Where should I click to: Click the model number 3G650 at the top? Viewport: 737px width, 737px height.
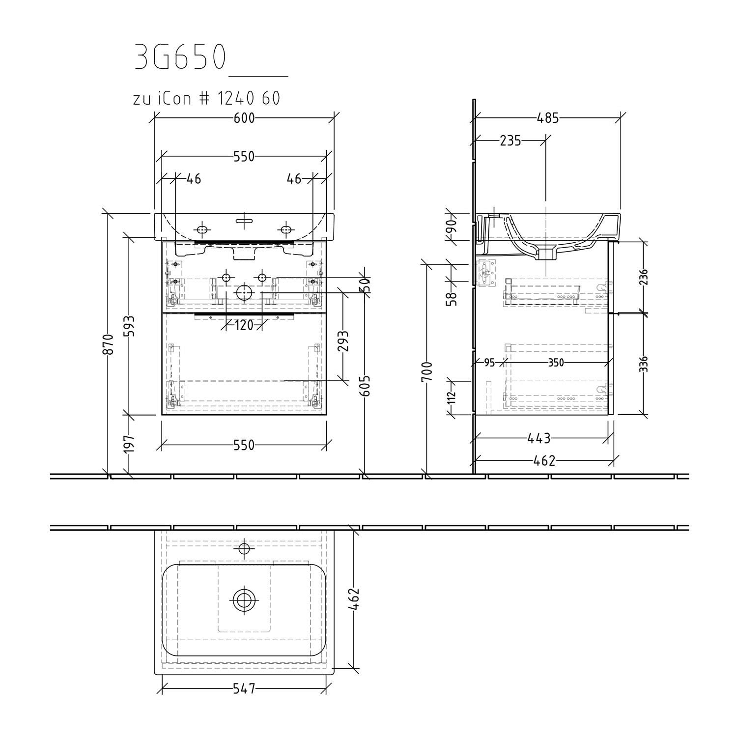(180, 58)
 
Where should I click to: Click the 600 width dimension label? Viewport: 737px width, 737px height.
(244, 118)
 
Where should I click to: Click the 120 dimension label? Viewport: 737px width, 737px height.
(244, 325)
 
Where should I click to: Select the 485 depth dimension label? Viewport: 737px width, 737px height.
(548, 118)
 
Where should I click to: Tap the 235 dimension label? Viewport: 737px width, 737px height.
(510, 141)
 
